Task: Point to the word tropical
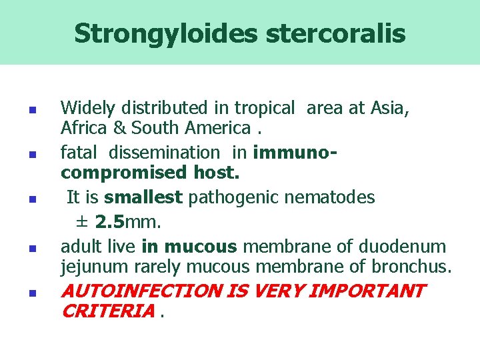263,107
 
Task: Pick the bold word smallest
143,198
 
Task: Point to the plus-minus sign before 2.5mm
83,221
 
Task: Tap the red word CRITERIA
107,311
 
